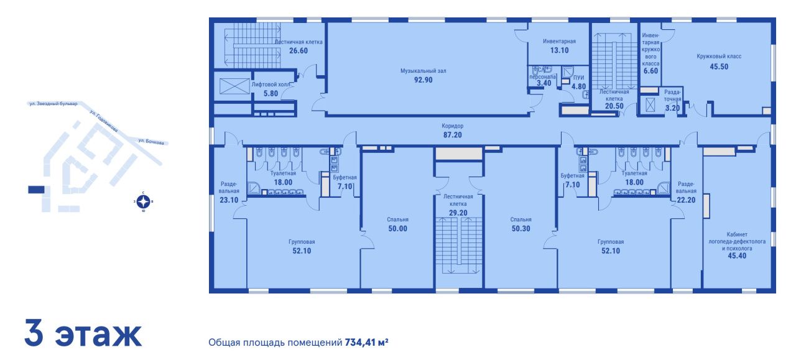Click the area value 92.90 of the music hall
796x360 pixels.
coord(423,80)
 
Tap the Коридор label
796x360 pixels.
coord(452,126)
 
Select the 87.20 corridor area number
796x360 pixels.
coord(452,135)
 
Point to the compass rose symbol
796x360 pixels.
coord(143,202)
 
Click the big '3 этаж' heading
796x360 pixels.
coord(83,333)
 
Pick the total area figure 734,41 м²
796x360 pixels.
coord(366,342)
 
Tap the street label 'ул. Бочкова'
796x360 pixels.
coord(151,141)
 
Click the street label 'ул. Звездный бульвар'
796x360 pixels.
coord(53,104)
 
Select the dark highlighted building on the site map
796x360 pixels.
coord(36,190)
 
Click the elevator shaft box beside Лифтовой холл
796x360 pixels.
coord(234,86)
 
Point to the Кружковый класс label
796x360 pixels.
coord(719,56)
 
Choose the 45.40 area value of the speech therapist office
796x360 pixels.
coord(737,256)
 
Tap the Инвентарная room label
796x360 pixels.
coord(559,41)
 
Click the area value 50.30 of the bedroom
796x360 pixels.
coord(521,229)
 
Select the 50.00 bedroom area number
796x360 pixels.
coord(397,229)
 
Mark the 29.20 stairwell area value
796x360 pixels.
coord(458,213)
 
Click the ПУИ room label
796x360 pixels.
coord(578,78)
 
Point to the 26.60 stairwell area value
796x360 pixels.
coord(298,50)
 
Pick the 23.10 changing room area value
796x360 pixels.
coord(229,200)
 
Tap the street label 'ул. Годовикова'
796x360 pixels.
coord(104,121)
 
